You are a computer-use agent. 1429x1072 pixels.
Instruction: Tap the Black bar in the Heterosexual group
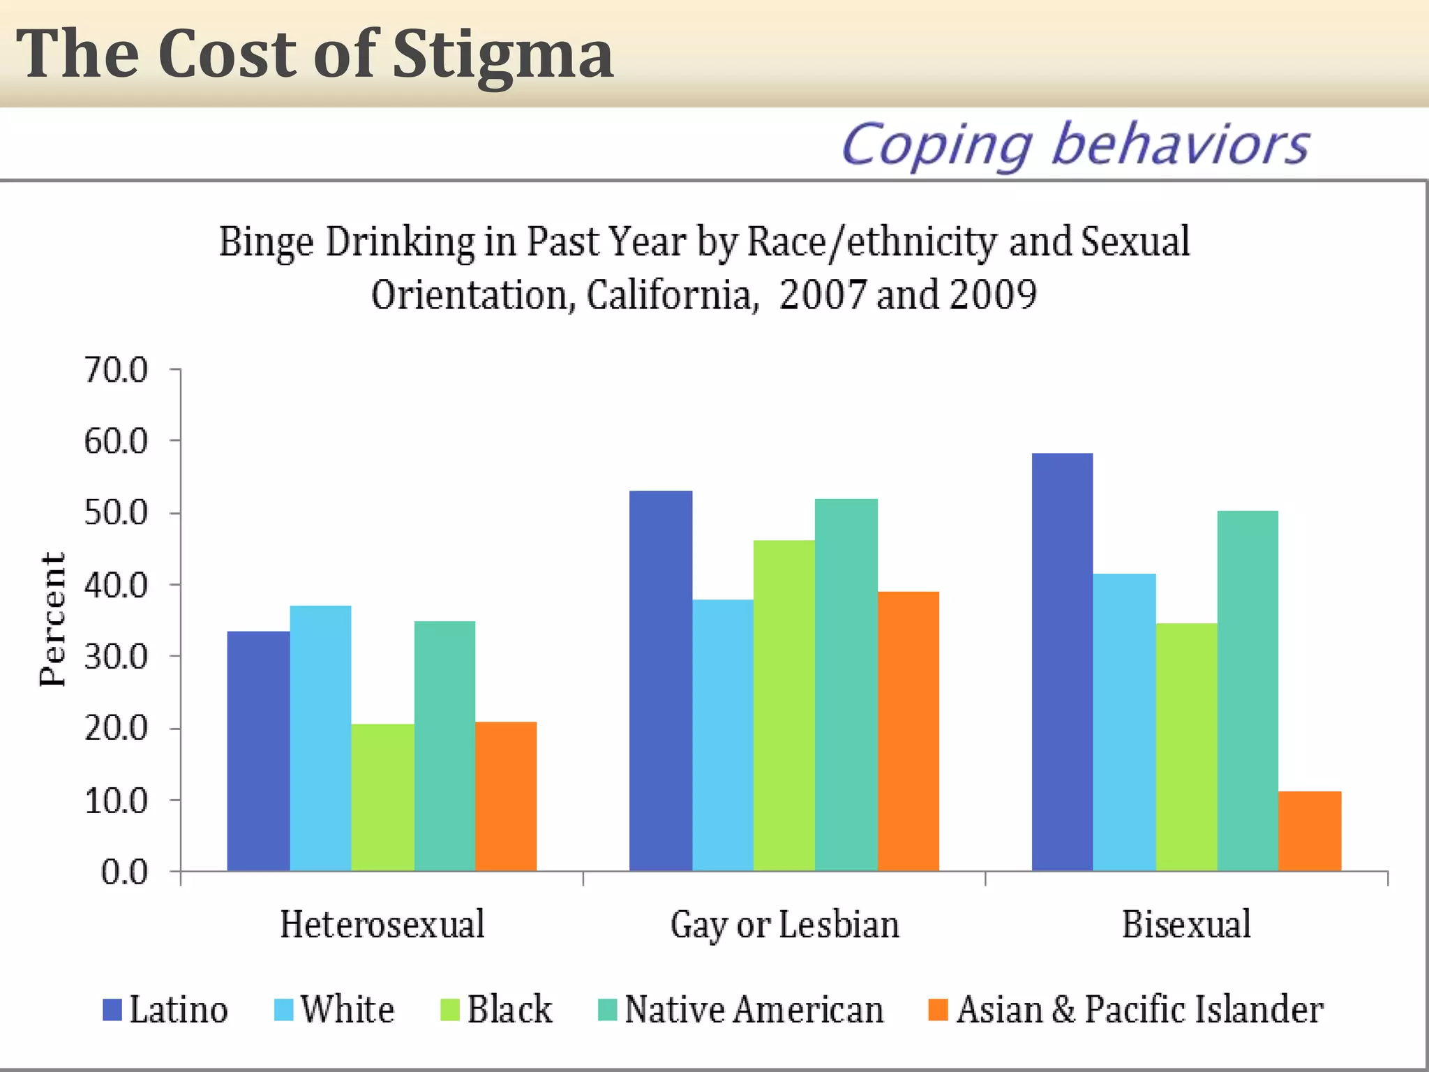tap(382, 797)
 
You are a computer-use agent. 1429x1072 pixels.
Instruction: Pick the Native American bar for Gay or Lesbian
tap(846, 684)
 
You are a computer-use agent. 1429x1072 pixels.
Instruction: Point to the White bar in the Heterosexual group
tap(320, 738)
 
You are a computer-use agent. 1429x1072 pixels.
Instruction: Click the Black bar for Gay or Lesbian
tap(784, 705)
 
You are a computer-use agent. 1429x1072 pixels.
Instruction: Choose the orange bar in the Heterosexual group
tap(506, 796)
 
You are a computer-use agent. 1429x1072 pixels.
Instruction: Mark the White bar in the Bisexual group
tap(1124, 722)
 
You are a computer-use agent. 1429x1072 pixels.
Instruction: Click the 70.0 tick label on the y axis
tap(116, 369)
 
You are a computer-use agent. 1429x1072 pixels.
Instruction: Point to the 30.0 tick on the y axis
tap(116, 656)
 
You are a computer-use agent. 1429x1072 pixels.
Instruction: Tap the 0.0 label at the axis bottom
tap(124, 872)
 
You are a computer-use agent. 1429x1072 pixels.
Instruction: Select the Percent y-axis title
tap(52, 619)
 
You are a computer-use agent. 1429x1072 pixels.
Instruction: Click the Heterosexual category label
tap(382, 924)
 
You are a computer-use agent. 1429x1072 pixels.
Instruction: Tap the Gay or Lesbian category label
tap(784, 924)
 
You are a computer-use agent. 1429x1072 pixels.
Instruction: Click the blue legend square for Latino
tap(112, 1010)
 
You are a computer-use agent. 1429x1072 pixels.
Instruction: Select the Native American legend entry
tap(753, 1010)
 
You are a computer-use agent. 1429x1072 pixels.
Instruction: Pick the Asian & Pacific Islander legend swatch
tap(938, 1010)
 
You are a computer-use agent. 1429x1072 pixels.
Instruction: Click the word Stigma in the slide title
tap(502, 54)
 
